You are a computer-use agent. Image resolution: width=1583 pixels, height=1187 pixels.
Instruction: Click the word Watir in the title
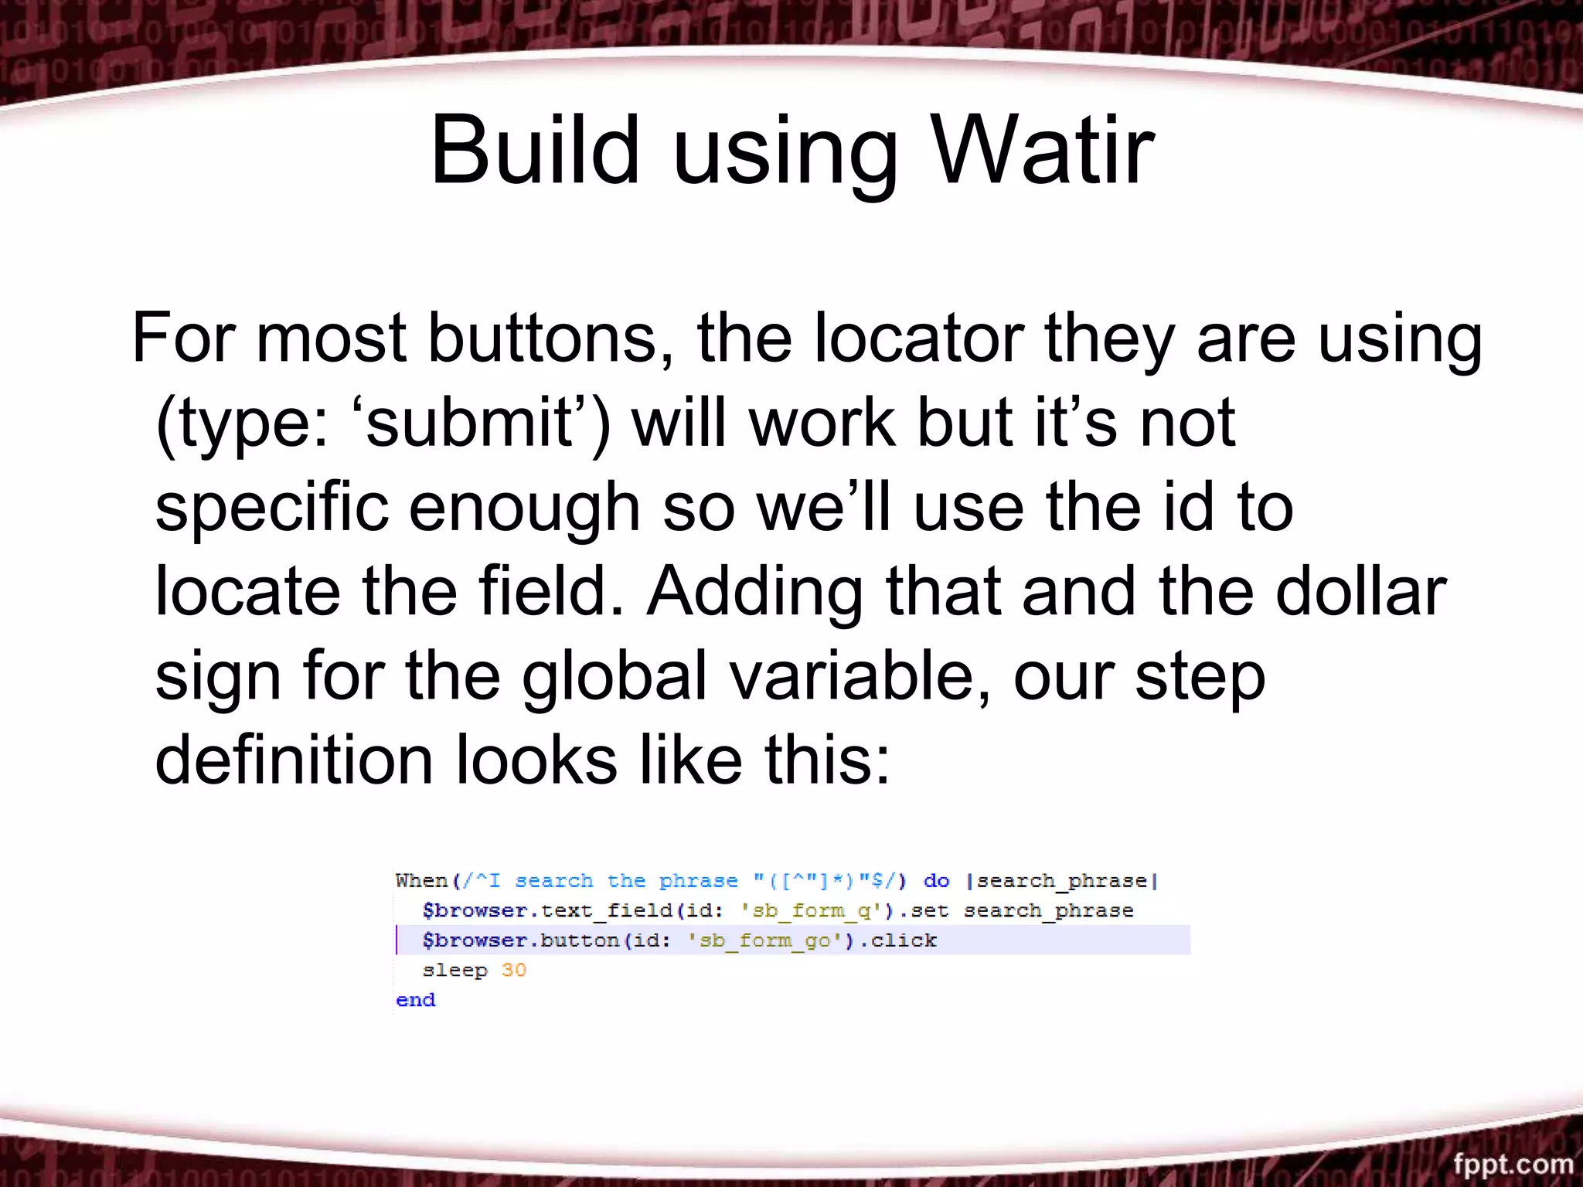(x=1043, y=151)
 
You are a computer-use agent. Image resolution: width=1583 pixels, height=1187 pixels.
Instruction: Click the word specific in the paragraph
(x=271, y=508)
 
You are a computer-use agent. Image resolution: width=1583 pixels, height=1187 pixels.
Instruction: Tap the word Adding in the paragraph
(x=754, y=593)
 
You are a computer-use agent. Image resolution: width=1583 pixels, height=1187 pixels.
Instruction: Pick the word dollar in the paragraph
(x=1360, y=592)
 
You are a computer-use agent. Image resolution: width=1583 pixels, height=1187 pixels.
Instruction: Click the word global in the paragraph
(x=614, y=677)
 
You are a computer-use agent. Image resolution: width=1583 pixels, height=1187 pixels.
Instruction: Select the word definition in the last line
(x=294, y=760)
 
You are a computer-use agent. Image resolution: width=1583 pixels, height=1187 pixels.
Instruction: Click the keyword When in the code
(x=421, y=881)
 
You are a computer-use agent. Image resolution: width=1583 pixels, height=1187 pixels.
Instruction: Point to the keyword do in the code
(x=936, y=881)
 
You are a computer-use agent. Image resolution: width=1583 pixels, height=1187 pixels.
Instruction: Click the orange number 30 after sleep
(x=513, y=971)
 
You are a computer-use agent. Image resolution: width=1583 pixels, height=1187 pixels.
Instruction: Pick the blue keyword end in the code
(x=415, y=1000)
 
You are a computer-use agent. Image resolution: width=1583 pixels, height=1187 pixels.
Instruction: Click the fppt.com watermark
(x=1513, y=1163)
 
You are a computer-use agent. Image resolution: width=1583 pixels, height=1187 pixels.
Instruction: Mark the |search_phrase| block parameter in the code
(x=1062, y=881)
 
